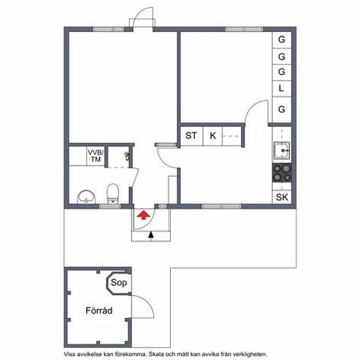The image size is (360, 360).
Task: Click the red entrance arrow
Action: tap(143, 215)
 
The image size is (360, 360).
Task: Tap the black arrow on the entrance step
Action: tap(151, 236)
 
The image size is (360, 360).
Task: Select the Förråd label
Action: tap(99, 310)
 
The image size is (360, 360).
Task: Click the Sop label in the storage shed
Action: tap(118, 282)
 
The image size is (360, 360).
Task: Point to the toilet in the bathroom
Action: tap(113, 194)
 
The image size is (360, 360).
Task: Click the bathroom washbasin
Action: tap(86, 197)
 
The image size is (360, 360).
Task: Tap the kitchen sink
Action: tap(281, 151)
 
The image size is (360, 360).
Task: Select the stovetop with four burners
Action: tap(282, 173)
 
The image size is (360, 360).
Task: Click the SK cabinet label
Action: tap(282, 197)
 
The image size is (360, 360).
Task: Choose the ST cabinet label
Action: tap(191, 135)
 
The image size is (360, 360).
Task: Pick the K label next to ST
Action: tap(213, 135)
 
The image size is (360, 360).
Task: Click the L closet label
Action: tap(281, 88)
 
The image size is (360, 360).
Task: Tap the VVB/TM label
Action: tap(96, 156)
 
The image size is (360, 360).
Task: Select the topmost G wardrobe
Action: tap(281, 39)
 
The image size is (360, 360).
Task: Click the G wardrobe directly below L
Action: tap(281, 109)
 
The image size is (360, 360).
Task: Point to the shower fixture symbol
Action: tap(127, 156)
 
